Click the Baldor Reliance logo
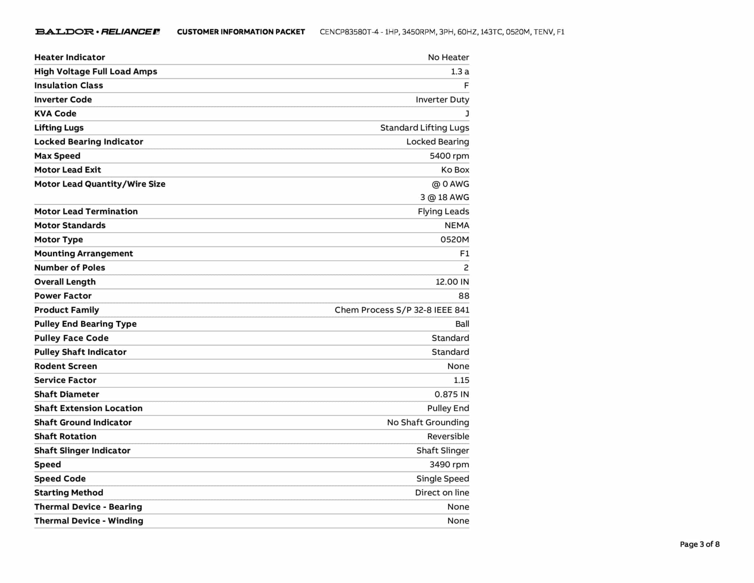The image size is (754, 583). pyautogui.click(x=97, y=32)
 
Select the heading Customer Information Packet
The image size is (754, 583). pyautogui.click(x=241, y=32)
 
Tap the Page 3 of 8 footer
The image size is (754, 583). pyautogui.click(x=700, y=544)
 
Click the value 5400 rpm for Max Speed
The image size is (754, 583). pyautogui.click(x=449, y=156)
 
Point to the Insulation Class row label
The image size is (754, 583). pyautogui.click(x=68, y=85)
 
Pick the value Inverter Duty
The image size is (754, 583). pyautogui.click(x=442, y=100)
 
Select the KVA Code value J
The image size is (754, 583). pyautogui.click(x=467, y=114)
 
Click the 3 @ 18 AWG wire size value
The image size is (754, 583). pyautogui.click(x=444, y=198)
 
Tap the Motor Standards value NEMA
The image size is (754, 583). pyautogui.click(x=457, y=226)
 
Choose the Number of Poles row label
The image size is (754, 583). pyautogui.click(x=70, y=268)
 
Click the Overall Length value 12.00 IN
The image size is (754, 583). pyautogui.click(x=452, y=282)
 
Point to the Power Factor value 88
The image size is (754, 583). pyautogui.click(x=464, y=296)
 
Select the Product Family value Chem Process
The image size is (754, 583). pyautogui.click(x=402, y=310)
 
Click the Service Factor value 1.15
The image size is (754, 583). pyautogui.click(x=461, y=380)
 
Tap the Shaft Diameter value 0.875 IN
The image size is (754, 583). pyautogui.click(x=451, y=394)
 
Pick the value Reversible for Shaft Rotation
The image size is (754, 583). pyautogui.click(x=448, y=436)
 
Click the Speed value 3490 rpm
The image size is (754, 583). pyautogui.click(x=449, y=465)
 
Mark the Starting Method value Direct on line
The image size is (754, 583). pyautogui.click(x=442, y=493)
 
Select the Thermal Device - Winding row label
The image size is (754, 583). pyautogui.click(x=89, y=521)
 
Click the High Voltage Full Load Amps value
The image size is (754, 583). pyautogui.click(x=460, y=71)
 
